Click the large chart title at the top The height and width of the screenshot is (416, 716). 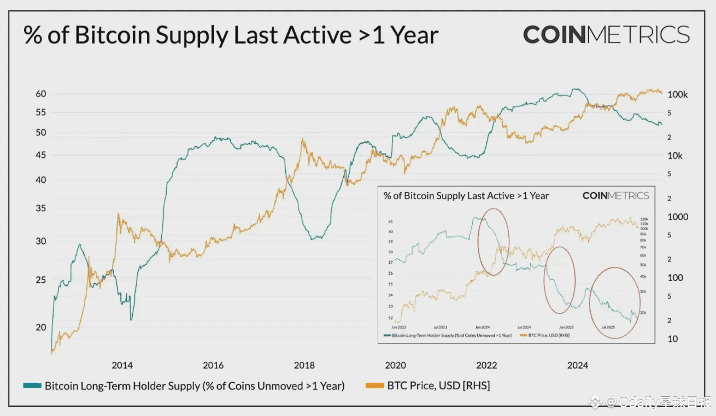click(231, 35)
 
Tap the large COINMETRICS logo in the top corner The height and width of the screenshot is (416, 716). click(606, 34)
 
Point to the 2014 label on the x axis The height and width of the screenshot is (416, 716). click(122, 365)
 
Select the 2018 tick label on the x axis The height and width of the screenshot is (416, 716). click(304, 365)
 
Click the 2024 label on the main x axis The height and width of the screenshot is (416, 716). click(578, 365)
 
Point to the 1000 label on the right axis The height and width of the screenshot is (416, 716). click(678, 217)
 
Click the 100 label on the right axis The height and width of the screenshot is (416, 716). click(675, 278)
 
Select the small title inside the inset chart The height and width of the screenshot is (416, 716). click(466, 195)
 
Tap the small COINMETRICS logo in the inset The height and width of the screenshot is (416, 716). click(615, 195)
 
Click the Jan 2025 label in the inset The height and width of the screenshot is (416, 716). click(566, 326)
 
